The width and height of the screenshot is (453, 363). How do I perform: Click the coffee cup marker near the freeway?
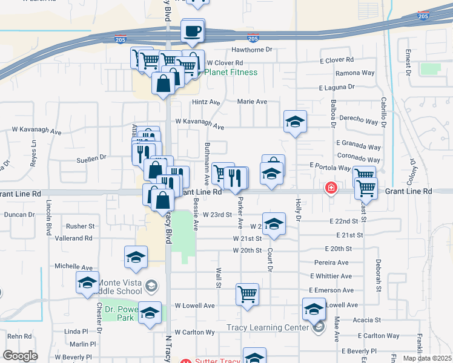pos(193,31)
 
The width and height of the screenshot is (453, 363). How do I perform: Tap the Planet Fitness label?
pos(231,73)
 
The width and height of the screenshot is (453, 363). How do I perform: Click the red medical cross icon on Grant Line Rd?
pos(331,188)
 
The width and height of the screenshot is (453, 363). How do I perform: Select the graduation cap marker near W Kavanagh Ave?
pos(295,122)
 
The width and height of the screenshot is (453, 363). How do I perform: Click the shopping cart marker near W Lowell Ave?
pos(247,295)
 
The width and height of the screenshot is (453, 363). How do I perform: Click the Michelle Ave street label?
pos(73,267)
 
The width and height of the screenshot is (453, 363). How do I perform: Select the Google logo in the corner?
pos(21,355)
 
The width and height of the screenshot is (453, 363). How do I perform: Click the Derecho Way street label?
pos(359,122)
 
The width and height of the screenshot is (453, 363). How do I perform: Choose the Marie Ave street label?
pos(252,102)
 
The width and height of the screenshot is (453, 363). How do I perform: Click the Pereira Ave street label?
pos(331,263)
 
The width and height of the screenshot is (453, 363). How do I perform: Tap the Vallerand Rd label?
pos(73,238)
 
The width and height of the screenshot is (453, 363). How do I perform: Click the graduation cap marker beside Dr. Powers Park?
pos(150,313)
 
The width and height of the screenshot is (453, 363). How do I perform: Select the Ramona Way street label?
pos(355,73)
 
